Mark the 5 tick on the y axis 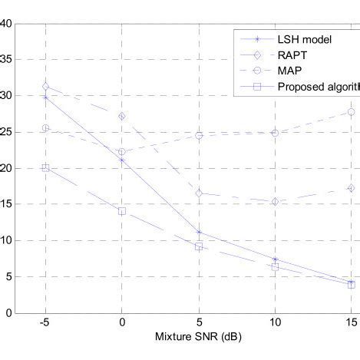point(8,277)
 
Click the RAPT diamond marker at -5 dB point(46,86)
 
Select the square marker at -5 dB point(46,167)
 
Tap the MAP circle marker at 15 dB point(351,112)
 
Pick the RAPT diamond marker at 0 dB point(122,116)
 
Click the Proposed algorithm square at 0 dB point(122,211)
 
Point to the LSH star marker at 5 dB point(199,233)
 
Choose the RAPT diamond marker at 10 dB point(275,202)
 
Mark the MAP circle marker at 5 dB point(199,135)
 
